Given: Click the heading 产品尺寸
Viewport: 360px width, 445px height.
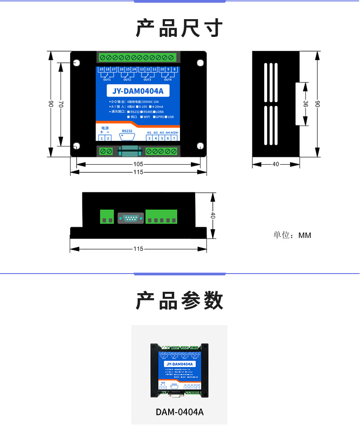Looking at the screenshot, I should click(180, 28).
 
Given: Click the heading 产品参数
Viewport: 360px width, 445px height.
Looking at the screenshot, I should click(180, 301).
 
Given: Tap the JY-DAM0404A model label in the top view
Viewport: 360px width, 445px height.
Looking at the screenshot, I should click(138, 91).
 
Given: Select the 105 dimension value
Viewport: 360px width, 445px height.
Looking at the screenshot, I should click(138, 164).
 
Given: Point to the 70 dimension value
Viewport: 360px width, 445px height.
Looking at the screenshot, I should click(60, 103).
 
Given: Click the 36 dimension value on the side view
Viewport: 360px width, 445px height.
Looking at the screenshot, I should click(305, 104).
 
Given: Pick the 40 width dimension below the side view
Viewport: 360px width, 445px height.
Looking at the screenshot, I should click(276, 164).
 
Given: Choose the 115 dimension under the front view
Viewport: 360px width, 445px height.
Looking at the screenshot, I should click(138, 249).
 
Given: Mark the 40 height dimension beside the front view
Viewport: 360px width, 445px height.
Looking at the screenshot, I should click(212, 216).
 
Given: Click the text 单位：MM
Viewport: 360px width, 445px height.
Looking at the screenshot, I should click(292, 235).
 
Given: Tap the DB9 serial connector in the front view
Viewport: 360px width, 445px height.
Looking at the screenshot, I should click(131, 218).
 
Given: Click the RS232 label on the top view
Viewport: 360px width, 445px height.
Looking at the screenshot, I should click(127, 130).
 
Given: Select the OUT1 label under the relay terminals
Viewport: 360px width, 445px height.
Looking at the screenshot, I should click(107, 79).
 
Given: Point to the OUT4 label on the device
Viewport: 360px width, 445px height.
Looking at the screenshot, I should click(168, 79).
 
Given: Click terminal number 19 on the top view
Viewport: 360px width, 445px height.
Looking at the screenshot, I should click(101, 69).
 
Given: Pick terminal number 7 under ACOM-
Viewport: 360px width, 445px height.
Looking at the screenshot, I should click(174, 138).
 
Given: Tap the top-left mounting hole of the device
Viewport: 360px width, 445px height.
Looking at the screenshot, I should click(77, 63).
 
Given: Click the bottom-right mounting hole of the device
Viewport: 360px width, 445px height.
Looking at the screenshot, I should click(200, 146).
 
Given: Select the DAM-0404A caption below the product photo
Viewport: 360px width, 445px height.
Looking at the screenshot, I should click(180, 412).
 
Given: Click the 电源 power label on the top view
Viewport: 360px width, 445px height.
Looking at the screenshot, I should click(105, 128).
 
